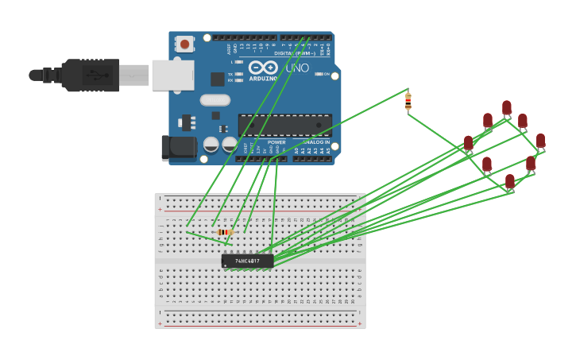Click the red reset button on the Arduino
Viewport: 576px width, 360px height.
pyautogui.click(x=184, y=45)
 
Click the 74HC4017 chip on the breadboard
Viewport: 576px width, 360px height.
pyautogui.click(x=247, y=261)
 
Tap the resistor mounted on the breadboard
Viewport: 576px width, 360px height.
pyautogui.click(x=225, y=232)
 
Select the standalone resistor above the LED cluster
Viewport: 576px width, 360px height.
pyautogui.click(x=408, y=101)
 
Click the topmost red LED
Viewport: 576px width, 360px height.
pyautogui.click(x=507, y=107)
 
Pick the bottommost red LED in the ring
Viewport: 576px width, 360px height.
pyautogui.click(x=509, y=181)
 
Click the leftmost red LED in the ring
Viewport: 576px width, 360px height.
pyautogui.click(x=469, y=143)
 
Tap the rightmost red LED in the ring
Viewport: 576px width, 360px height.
pyautogui.click(x=540, y=141)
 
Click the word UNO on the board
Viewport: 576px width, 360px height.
pyautogui.click(x=297, y=68)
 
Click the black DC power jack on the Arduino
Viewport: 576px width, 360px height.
pyautogui.click(x=178, y=147)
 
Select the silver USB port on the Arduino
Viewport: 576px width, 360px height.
pyautogui.click(x=172, y=75)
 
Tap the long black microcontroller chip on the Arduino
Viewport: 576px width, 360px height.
pyautogui.click(x=284, y=125)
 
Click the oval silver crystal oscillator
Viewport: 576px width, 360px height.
pyautogui.click(x=215, y=100)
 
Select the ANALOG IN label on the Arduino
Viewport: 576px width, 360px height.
pyautogui.click(x=316, y=143)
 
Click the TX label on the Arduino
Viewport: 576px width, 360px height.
pyautogui.click(x=230, y=73)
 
